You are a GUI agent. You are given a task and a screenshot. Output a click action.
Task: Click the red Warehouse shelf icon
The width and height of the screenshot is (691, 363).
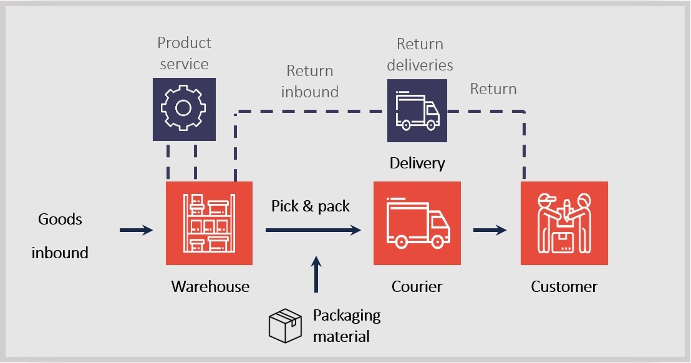click(x=209, y=223)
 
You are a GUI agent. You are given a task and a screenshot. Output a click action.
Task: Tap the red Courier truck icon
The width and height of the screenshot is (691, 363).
click(x=417, y=223)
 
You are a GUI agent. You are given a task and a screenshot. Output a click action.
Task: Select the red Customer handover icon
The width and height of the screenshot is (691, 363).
click(x=564, y=223)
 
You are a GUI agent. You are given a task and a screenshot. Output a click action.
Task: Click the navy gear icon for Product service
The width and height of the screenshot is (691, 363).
click(x=183, y=109)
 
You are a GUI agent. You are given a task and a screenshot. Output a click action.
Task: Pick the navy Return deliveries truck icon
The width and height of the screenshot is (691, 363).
click(x=417, y=110)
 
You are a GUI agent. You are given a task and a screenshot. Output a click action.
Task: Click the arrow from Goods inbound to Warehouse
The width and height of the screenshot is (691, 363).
click(x=136, y=230)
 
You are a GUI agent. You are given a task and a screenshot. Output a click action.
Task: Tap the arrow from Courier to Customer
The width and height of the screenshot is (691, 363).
click(x=490, y=230)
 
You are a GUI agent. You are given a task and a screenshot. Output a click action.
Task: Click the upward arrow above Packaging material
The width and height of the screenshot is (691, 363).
click(x=316, y=274)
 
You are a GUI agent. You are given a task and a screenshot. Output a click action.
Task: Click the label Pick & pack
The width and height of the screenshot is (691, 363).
click(x=310, y=206)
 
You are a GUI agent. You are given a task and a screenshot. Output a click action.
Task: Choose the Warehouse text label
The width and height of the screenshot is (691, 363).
click(x=210, y=287)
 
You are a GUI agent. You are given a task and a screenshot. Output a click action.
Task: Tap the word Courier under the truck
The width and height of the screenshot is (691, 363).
click(x=417, y=287)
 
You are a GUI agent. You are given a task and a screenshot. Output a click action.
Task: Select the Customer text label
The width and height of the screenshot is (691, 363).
click(x=564, y=287)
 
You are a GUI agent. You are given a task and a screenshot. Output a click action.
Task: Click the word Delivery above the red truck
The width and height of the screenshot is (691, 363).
click(x=417, y=163)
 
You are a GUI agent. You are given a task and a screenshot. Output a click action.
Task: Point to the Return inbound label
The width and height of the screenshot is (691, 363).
click(x=309, y=81)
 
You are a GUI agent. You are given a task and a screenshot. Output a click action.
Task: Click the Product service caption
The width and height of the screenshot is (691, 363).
click(x=183, y=53)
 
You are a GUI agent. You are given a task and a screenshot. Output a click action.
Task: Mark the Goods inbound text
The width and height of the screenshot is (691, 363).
click(x=60, y=236)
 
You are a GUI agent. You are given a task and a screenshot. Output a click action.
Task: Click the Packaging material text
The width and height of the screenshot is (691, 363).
click(x=346, y=326)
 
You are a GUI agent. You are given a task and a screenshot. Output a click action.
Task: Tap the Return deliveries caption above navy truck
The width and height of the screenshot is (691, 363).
click(x=419, y=54)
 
